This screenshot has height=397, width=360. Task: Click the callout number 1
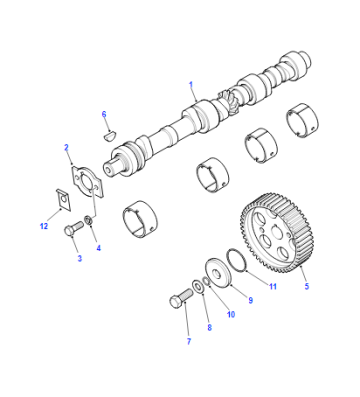[x=191, y=85]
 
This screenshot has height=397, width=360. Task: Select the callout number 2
[x=66, y=147]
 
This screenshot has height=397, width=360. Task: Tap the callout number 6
[x=104, y=114]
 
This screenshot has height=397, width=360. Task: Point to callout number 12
[x=44, y=226]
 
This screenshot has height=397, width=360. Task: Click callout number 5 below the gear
[x=307, y=286]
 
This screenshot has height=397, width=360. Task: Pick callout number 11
[x=273, y=286]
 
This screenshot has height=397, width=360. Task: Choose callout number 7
[x=189, y=341]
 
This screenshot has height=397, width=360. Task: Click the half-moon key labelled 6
[x=109, y=136]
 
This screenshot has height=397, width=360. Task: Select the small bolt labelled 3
[x=73, y=229]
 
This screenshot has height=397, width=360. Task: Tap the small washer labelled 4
[x=89, y=220]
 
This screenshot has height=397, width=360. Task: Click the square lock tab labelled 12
[x=64, y=200]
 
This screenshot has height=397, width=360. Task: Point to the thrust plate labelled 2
[x=87, y=182]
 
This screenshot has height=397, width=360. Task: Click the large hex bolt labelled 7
[x=181, y=298]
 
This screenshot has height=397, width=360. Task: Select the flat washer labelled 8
[x=198, y=287]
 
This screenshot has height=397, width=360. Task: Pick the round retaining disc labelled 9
[x=218, y=273]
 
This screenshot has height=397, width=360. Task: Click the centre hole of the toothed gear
[x=276, y=231]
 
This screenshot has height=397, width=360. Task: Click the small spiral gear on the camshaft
[x=230, y=102]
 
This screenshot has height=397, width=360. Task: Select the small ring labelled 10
[x=207, y=281]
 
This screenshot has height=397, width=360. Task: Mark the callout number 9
[x=251, y=300]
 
